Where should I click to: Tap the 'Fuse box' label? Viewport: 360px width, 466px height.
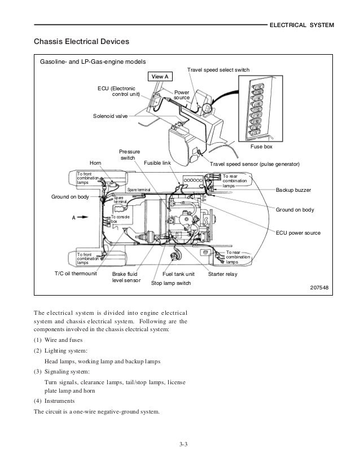pos(261,146)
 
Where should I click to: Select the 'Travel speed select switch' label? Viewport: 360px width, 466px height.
pos(218,70)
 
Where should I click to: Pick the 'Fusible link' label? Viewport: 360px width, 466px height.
pos(157,164)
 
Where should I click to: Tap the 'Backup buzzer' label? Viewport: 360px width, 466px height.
pos(293,191)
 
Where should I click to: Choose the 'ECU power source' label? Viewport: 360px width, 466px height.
pos(298,232)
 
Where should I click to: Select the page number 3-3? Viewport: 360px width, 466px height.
pos(180,449)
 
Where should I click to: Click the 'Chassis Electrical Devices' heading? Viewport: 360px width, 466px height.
pos(82,42)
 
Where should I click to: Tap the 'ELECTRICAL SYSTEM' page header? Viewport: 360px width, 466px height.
pos(302,26)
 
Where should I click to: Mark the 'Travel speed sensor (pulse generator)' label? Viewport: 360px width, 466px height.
pos(255,164)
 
